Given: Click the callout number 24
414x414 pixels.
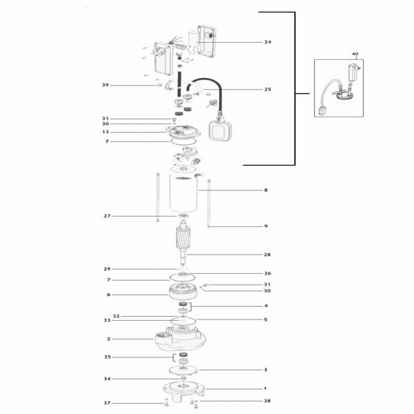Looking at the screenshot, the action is pos(268,41).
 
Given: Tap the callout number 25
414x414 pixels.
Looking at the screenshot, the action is pos(268,89).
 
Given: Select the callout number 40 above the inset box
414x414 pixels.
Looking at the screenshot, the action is pos(355,54).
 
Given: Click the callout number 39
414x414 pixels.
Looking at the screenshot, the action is pos(106,85).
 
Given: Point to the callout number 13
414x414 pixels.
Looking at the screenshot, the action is pos(106,132).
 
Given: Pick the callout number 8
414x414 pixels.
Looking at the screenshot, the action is pos(266,190).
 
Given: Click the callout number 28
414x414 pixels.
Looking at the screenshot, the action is pos(267,255).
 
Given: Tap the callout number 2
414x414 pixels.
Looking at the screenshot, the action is pos(108,339).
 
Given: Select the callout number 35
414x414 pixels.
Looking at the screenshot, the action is pos(107,357).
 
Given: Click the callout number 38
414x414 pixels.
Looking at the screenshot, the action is pos(267,401).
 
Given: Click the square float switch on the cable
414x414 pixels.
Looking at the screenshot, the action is pos(220,130).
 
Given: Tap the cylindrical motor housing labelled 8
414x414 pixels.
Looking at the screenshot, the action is pos(184,193).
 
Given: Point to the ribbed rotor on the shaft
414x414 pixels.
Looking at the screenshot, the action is pos(183,237).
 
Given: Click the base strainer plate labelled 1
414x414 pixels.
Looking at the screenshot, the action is pos(184,390).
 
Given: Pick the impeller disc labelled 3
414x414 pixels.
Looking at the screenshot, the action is pos(184,370).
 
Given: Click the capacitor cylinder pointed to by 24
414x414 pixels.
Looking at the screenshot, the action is pos(193,39).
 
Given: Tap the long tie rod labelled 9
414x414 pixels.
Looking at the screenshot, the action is pos(209,204).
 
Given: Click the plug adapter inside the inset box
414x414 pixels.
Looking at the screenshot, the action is pos(353,72).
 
